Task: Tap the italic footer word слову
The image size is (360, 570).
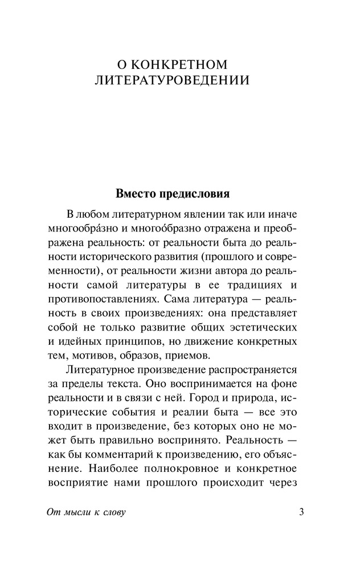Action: [x=112, y=512]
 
